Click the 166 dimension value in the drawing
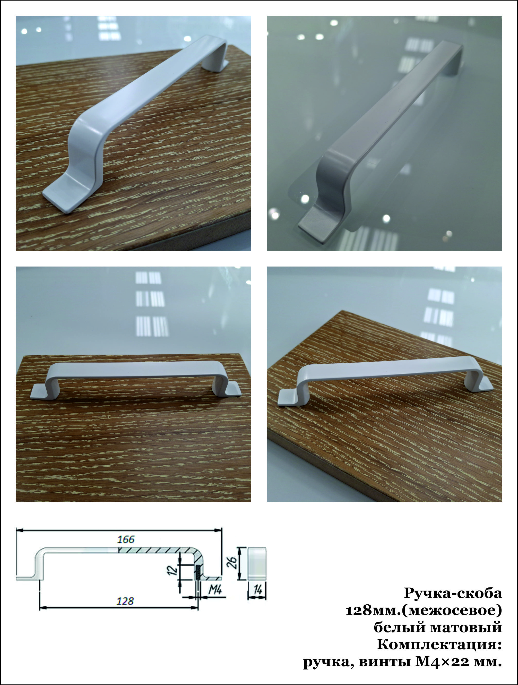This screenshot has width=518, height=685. coord(126,540)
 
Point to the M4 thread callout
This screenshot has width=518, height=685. coord(215,590)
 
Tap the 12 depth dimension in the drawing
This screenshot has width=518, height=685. coord(174,568)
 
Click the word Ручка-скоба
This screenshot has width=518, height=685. coord(453,593)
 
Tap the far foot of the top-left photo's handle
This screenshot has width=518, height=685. coord(217,65)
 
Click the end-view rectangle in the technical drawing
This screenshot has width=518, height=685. coord(257,563)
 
